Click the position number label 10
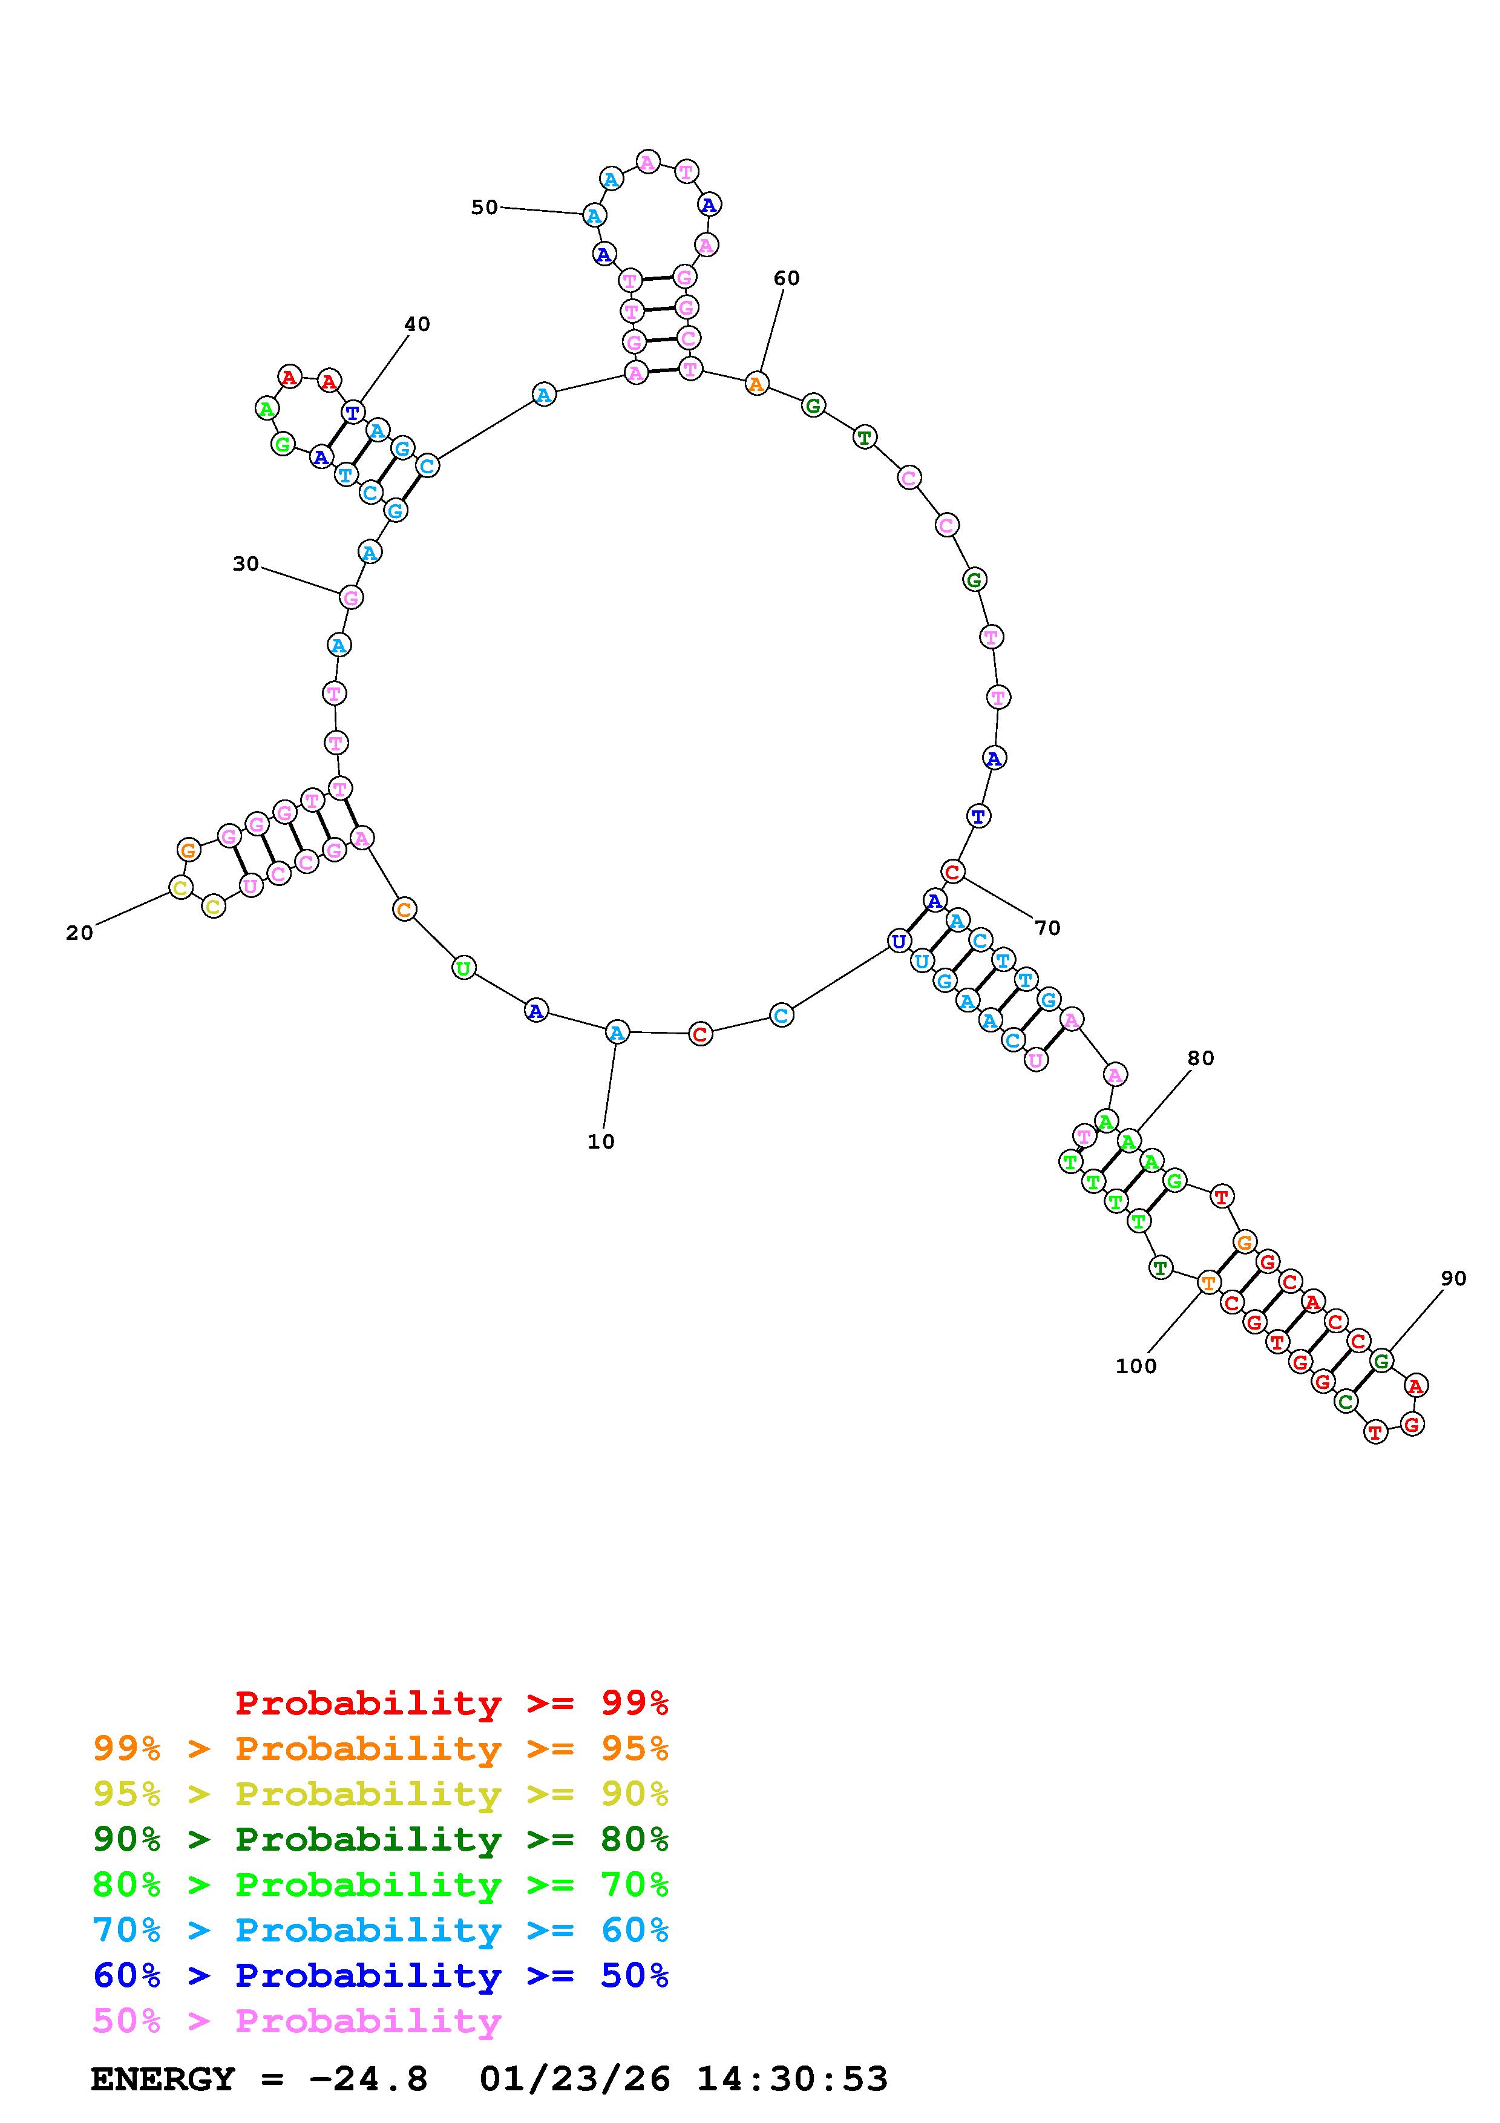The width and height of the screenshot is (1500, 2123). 601,1142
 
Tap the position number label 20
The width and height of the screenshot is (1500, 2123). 79,934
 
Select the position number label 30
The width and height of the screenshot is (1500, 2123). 246,564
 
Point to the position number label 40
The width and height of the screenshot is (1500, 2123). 417,324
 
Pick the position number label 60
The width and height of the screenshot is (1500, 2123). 787,278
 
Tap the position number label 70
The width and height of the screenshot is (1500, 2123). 1047,928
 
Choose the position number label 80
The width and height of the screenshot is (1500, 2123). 1200,1058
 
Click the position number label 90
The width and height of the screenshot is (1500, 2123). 1454,1279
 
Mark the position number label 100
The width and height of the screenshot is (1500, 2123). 1136,1367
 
